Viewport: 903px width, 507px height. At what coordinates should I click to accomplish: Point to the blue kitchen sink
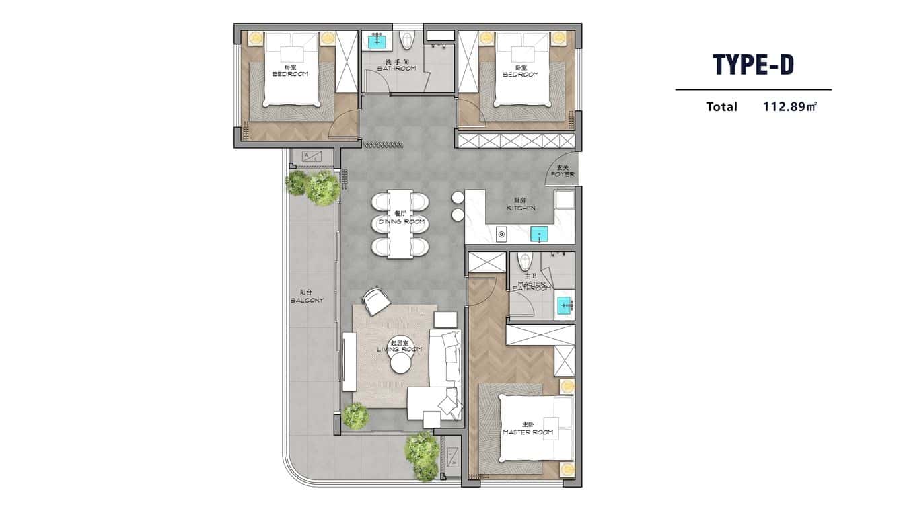coord(539,235)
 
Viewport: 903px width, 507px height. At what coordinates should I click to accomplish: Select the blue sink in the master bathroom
coord(564,307)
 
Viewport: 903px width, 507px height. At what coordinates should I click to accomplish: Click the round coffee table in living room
coord(402,363)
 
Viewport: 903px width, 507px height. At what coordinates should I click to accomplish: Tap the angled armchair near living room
coord(375,300)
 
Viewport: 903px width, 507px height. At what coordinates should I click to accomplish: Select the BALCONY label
coord(307,297)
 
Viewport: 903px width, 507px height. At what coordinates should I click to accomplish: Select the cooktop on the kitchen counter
coord(501,234)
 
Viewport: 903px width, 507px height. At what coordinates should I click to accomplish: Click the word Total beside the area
coord(721,106)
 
